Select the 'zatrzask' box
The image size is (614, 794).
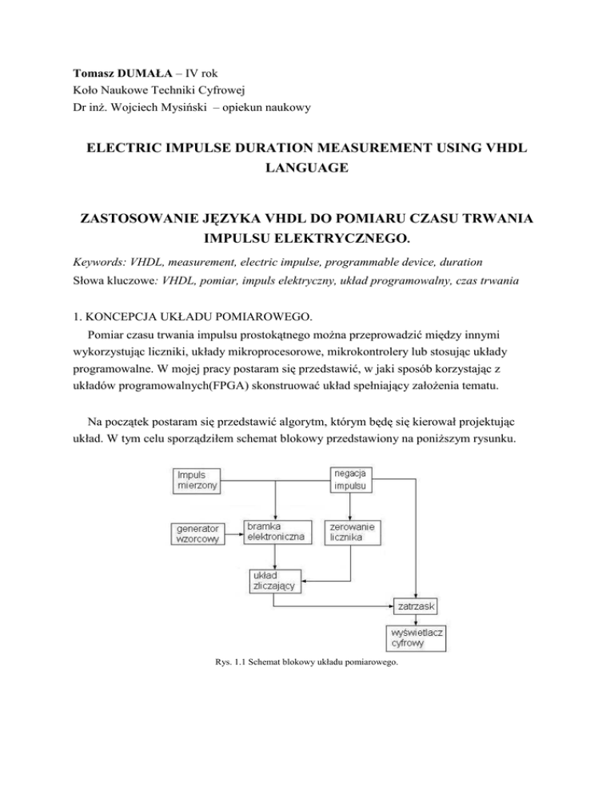(x=415, y=607)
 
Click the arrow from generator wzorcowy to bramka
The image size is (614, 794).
(x=235, y=534)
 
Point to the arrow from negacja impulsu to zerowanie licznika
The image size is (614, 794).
(x=352, y=506)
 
